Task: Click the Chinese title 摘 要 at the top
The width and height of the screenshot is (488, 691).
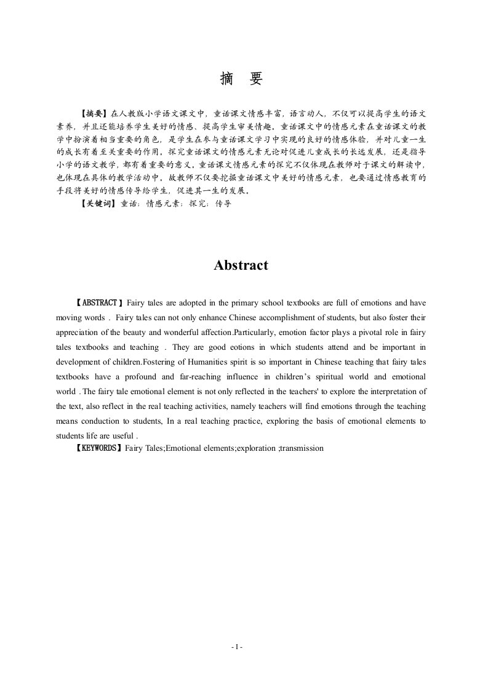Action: point(241,79)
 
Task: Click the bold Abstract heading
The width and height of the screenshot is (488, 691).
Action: point(241,265)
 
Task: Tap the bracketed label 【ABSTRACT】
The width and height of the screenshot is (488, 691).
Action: point(99,303)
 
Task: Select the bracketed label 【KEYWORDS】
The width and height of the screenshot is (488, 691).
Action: point(99,448)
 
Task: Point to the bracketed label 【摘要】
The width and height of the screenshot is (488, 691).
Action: point(94,113)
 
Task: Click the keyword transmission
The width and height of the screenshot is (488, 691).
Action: point(301,448)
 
